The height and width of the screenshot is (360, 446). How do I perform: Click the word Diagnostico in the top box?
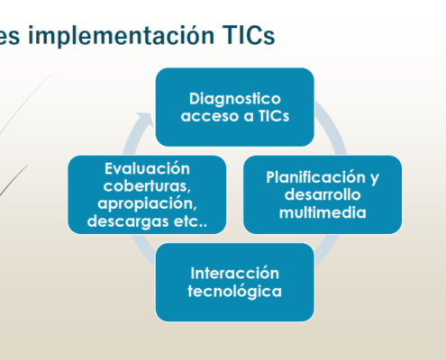(x=235, y=99)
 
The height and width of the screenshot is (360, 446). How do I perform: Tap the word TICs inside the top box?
(x=274, y=116)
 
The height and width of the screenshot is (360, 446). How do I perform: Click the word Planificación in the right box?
(x=315, y=177)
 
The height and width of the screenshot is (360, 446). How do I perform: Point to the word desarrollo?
(x=323, y=194)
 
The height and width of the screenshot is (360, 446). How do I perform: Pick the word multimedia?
(x=323, y=212)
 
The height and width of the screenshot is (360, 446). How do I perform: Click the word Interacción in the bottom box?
(x=235, y=274)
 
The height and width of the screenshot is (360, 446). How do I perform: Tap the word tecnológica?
(x=235, y=292)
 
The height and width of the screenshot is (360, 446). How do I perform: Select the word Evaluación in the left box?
(x=147, y=168)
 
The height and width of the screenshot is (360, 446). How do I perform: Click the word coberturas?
(x=147, y=186)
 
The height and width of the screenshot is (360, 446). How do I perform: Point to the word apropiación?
(x=147, y=204)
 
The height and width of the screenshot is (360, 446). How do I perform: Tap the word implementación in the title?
(x=120, y=36)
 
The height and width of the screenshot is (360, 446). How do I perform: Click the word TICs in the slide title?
(x=249, y=35)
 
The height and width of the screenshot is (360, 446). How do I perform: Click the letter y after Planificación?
(x=375, y=178)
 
